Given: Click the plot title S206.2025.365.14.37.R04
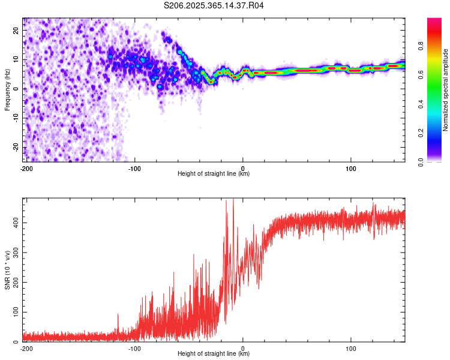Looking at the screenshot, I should (x=214, y=6).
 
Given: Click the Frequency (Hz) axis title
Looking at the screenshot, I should (x=7, y=89).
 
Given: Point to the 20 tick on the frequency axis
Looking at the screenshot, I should (x=16, y=30).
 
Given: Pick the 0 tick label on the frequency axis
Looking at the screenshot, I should (x=18, y=89).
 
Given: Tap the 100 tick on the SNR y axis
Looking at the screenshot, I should (x=13, y=313).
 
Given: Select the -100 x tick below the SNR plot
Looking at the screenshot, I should (x=134, y=348).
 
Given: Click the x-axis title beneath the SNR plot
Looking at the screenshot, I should (x=214, y=354).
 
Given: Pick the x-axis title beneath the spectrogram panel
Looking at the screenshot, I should (x=214, y=174).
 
